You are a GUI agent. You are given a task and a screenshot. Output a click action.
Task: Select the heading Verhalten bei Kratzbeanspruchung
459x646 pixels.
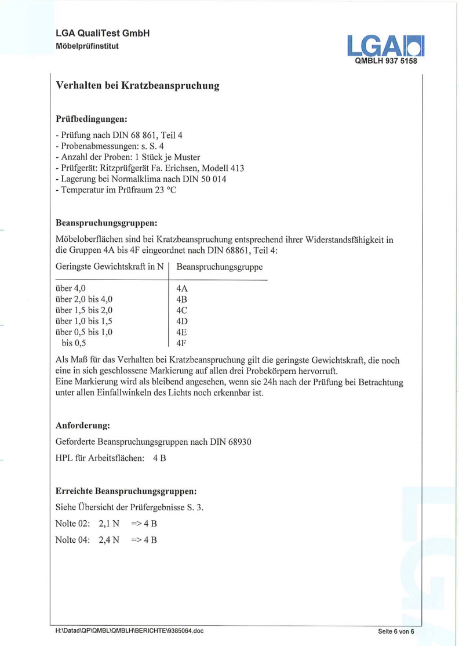[x=137, y=86]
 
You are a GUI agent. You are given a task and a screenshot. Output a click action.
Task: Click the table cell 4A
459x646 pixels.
[x=182, y=288]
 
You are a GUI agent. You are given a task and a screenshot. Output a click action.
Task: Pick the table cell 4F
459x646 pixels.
[x=181, y=343]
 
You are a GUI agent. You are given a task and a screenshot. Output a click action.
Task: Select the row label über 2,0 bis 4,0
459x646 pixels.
[x=84, y=299]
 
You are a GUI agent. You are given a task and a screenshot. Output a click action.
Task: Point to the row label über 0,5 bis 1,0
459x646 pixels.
[x=84, y=332]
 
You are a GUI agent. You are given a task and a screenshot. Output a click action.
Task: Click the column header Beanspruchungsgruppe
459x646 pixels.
[x=219, y=267]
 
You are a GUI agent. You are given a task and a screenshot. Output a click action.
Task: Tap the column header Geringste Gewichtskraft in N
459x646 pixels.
[x=110, y=267]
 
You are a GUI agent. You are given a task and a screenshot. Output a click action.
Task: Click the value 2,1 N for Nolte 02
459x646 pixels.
[x=109, y=523]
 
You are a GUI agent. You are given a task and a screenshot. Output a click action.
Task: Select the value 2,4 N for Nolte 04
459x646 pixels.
[x=109, y=540]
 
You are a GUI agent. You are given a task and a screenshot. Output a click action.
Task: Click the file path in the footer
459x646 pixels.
[x=130, y=631]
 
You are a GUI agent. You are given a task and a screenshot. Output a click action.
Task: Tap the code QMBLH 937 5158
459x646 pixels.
[x=385, y=61]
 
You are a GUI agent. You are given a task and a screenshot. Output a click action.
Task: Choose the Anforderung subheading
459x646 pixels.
[x=83, y=425]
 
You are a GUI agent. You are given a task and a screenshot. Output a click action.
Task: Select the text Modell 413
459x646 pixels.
[x=223, y=168]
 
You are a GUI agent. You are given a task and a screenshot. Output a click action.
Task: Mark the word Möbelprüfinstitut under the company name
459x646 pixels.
[x=88, y=46]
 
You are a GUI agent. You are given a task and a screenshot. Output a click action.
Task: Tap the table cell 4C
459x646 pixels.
[x=182, y=310]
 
